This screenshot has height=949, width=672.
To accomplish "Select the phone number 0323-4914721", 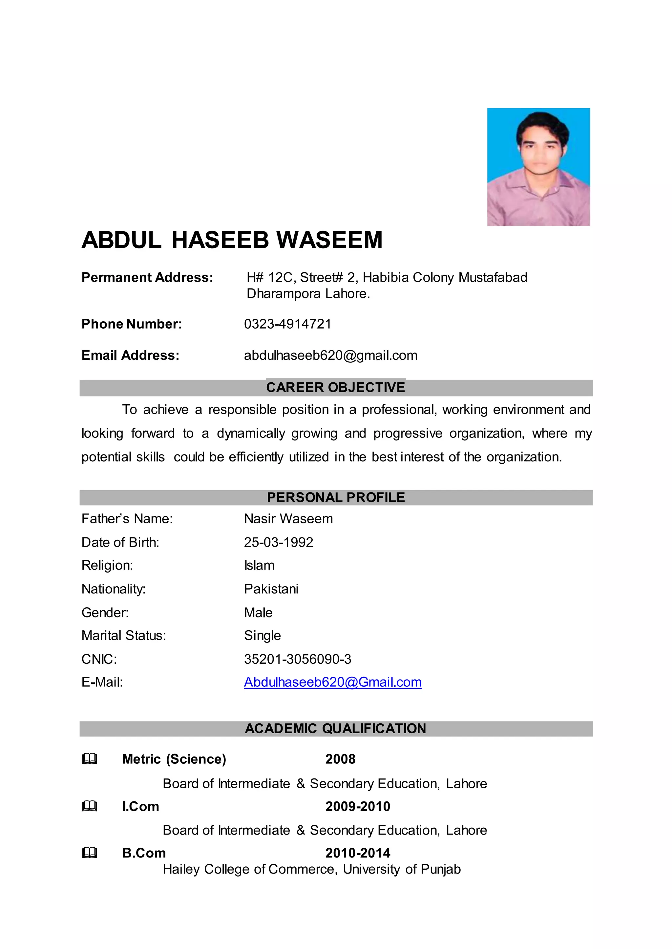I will coord(287,324).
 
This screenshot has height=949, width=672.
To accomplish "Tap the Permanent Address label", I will coord(147,277).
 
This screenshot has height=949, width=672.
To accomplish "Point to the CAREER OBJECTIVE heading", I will coord(336,388).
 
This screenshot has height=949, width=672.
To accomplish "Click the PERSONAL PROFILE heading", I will coord(336,497).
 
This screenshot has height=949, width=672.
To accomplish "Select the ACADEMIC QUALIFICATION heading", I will coord(336,728).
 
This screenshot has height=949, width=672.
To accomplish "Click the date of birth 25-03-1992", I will coord(279,542).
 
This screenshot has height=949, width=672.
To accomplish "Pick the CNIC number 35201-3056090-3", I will coord(298,659).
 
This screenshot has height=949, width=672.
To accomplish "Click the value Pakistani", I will coord(271,589).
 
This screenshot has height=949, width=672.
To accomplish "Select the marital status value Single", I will coord(262,635).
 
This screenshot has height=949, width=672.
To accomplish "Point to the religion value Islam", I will coord(259,565).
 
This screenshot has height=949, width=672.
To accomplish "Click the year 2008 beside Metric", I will coord(340,759).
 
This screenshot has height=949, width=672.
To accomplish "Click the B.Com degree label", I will coord(144,853).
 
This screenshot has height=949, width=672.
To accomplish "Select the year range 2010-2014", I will coord(358,853).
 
